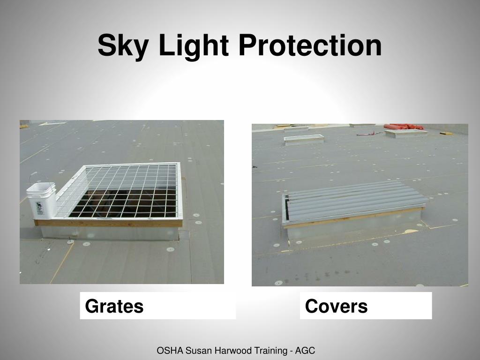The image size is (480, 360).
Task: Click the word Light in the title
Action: [x=193, y=46]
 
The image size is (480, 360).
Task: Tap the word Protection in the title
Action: [x=310, y=46]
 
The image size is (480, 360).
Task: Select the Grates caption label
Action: [x=114, y=306]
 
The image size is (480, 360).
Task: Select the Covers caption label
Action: [x=336, y=306]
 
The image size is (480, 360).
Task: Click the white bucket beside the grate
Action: [x=41, y=201]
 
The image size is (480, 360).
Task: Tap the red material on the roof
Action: [x=404, y=127]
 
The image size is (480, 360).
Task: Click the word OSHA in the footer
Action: [x=170, y=350]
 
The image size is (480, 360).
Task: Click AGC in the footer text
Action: [x=306, y=350]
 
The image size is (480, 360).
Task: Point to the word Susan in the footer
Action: [x=199, y=350]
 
